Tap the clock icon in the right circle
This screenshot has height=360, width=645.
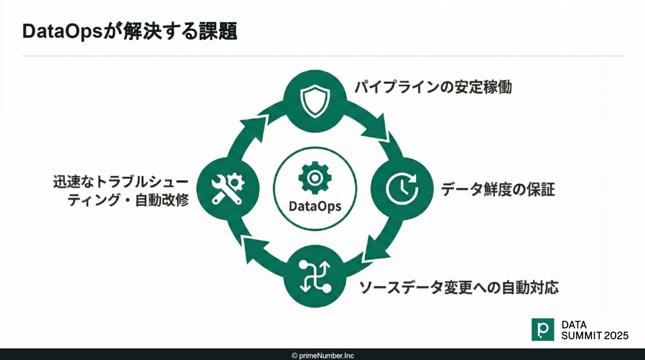[402, 189]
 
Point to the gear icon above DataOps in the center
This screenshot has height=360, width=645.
[315, 178]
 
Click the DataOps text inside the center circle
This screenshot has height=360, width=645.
[315, 205]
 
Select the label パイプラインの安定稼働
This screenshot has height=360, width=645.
[433, 87]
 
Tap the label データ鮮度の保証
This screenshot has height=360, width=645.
[498, 189]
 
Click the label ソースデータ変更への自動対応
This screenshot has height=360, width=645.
[458, 287]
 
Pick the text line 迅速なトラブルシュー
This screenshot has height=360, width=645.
[121, 181]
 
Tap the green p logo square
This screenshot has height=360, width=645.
[542, 329]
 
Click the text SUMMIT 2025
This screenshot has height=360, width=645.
[594, 336]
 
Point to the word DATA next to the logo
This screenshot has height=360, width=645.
[574, 325]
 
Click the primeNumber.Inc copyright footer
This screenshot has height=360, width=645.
[322, 356]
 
